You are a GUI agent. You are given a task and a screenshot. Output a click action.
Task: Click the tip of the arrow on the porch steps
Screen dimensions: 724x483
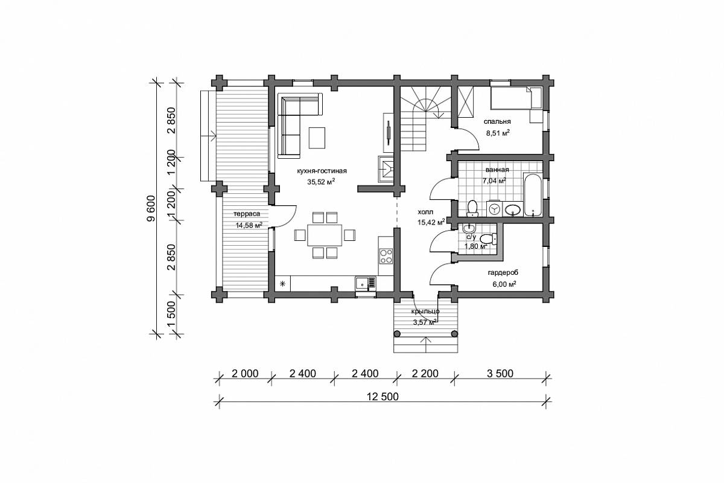[426, 337]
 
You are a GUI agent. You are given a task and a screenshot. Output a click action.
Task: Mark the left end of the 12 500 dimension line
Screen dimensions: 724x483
[219, 402]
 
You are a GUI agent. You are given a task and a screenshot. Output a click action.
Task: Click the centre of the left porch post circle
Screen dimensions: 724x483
[396, 333]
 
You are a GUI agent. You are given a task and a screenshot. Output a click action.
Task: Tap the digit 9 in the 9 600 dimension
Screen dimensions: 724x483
[151, 217]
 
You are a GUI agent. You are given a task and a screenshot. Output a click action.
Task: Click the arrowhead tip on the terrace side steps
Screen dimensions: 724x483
[216, 136]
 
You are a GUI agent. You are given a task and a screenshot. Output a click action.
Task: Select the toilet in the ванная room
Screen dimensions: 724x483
[472, 208]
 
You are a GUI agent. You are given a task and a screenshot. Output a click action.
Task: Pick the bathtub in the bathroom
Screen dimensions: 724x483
[532, 195]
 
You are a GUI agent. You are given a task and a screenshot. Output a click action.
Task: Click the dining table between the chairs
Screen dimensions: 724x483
[325, 235]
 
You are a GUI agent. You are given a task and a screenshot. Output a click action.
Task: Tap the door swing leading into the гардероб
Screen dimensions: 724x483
[441, 274]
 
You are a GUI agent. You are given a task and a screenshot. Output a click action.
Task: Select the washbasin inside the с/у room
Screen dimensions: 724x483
[468, 228]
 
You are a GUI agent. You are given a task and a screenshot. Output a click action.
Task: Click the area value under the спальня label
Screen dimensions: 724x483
[498, 133]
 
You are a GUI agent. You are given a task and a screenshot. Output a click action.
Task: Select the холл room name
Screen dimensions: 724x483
[425, 213]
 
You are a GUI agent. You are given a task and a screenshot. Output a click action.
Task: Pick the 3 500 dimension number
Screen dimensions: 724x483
[500, 374]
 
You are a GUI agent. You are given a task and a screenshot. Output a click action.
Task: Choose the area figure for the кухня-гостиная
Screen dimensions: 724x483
[321, 182]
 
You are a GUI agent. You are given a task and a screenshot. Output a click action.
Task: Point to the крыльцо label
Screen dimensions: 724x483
[425, 312]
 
